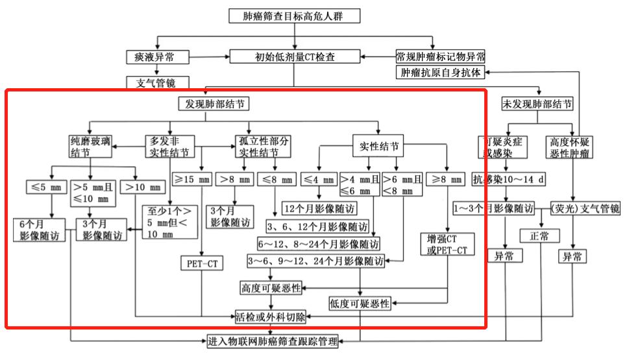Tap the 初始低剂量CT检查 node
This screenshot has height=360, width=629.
(294, 57)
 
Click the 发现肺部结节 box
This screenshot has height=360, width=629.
(214, 104)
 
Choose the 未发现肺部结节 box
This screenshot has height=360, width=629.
(537, 104)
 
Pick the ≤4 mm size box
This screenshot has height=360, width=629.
(319, 179)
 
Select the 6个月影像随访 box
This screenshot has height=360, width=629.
(40, 230)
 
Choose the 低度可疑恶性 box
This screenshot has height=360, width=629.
(360, 303)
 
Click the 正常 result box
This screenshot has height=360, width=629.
(539, 237)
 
